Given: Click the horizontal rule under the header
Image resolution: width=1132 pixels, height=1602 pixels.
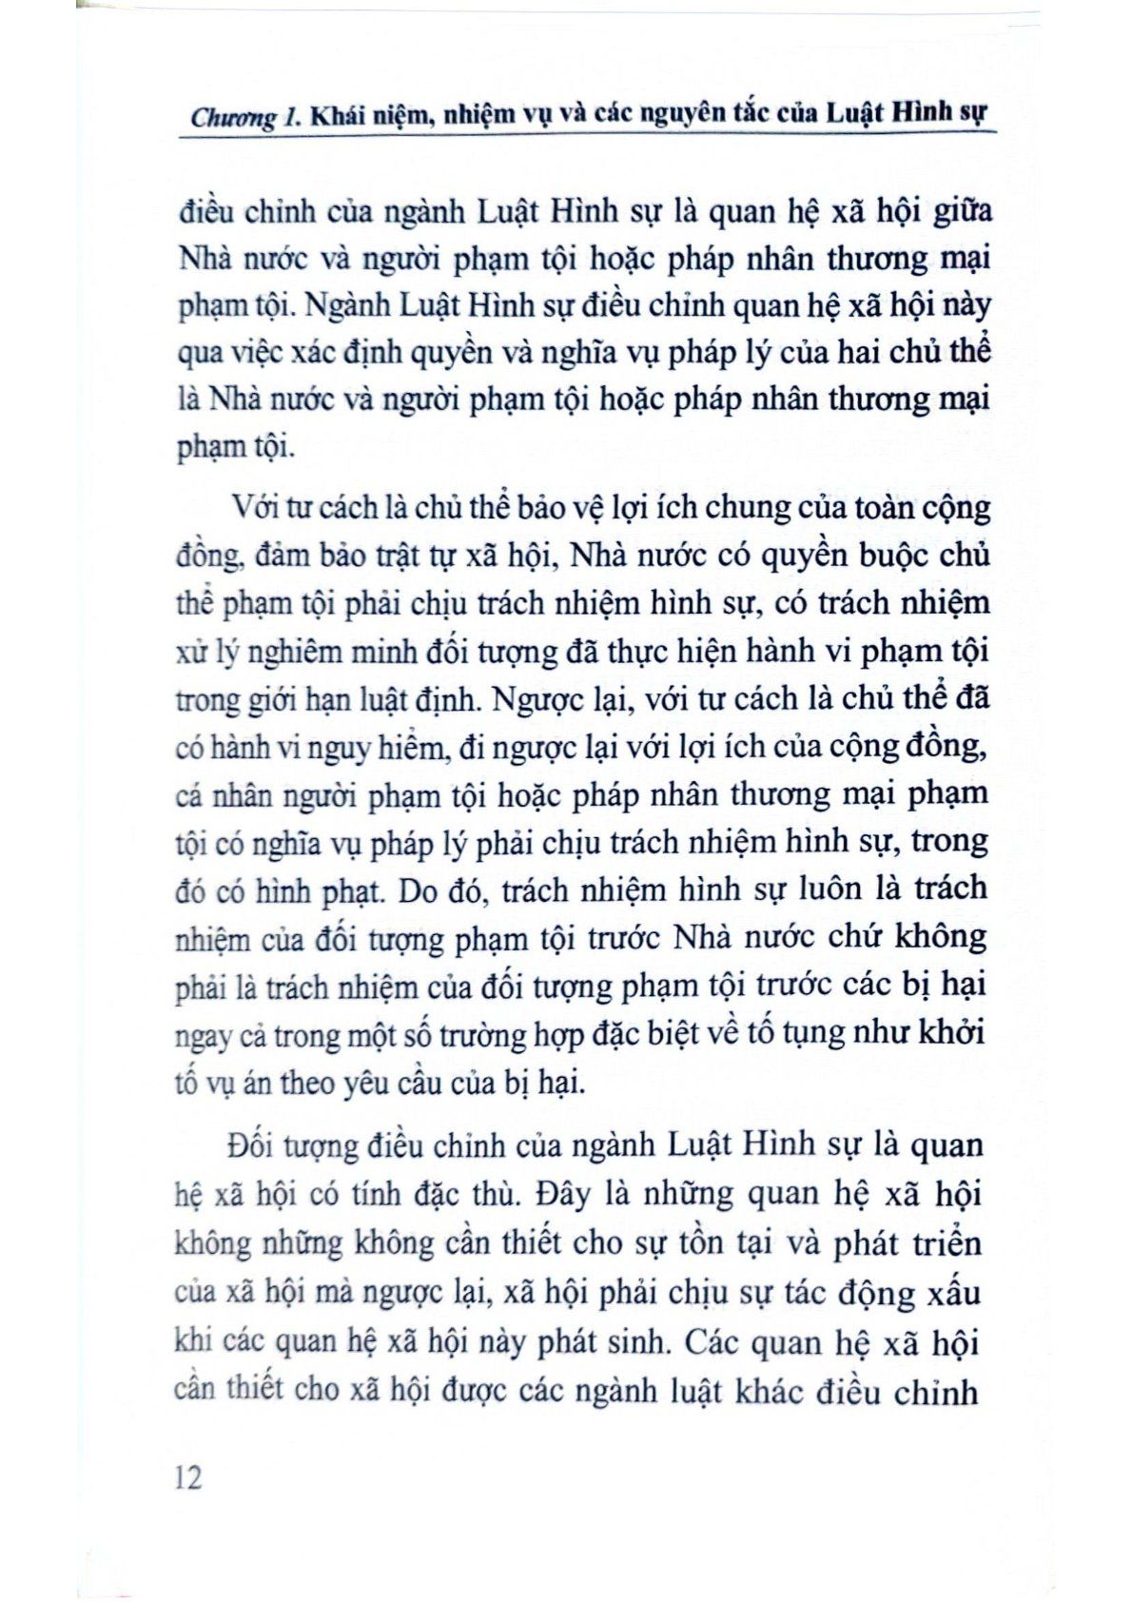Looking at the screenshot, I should [584, 136].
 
